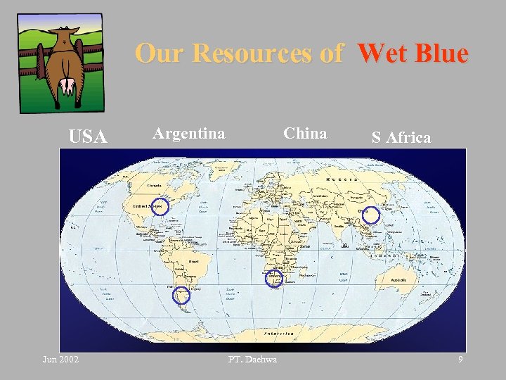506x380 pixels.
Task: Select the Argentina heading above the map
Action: pos(189,133)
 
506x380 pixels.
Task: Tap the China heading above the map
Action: pos(305,133)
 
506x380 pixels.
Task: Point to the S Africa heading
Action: pos(401,137)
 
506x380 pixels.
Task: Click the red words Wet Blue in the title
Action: pos(412,53)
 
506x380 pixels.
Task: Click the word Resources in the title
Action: pos(267,53)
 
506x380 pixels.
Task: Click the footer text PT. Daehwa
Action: pos(252,360)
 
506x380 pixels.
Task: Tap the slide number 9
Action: pos(460,360)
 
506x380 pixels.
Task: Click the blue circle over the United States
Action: pos(160,207)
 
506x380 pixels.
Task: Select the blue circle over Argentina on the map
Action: pos(181,296)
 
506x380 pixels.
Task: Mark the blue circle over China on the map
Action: pos(370,215)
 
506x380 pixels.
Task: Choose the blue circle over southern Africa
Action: pos(273,279)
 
